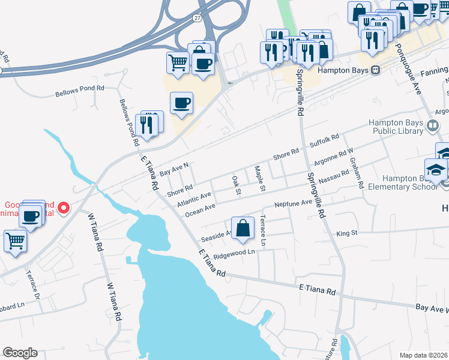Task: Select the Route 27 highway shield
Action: tap(197, 18)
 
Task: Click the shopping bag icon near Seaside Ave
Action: tap(242, 229)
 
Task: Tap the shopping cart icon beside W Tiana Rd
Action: tap(16, 241)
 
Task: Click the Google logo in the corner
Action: tap(20, 353)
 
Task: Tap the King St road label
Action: tap(347, 233)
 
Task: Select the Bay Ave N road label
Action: tap(174, 169)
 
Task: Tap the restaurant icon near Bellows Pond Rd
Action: tap(146, 125)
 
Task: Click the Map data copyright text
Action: tap(424, 355)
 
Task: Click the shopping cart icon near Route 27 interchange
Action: tap(178, 62)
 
